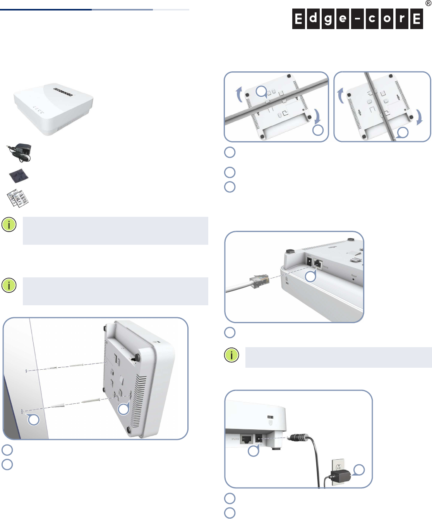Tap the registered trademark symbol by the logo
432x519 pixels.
click(427, 3)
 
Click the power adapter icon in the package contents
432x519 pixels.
click(19, 152)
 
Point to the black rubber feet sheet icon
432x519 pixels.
click(19, 176)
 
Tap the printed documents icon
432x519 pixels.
click(19, 198)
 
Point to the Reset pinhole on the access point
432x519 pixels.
click(353, 280)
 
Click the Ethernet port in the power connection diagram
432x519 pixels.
click(246, 440)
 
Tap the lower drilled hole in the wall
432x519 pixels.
click(22, 411)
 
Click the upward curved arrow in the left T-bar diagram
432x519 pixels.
click(239, 94)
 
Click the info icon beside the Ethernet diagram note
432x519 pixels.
click(231, 355)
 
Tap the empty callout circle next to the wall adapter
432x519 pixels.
click(359, 470)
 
